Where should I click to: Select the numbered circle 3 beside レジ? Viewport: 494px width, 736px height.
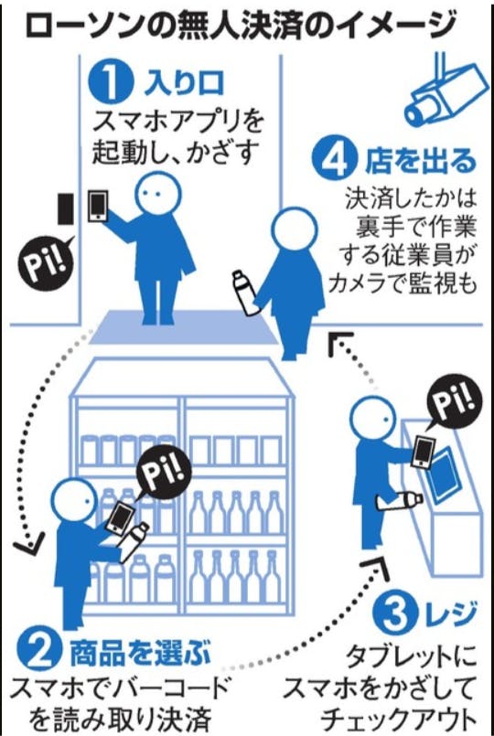[x=395, y=614]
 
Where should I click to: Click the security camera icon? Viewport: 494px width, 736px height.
[x=443, y=90]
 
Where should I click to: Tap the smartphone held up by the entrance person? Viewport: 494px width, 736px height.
[x=98, y=206]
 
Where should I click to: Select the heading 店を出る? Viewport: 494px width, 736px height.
[x=421, y=162]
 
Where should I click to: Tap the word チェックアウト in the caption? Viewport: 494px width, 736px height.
[x=400, y=722]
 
